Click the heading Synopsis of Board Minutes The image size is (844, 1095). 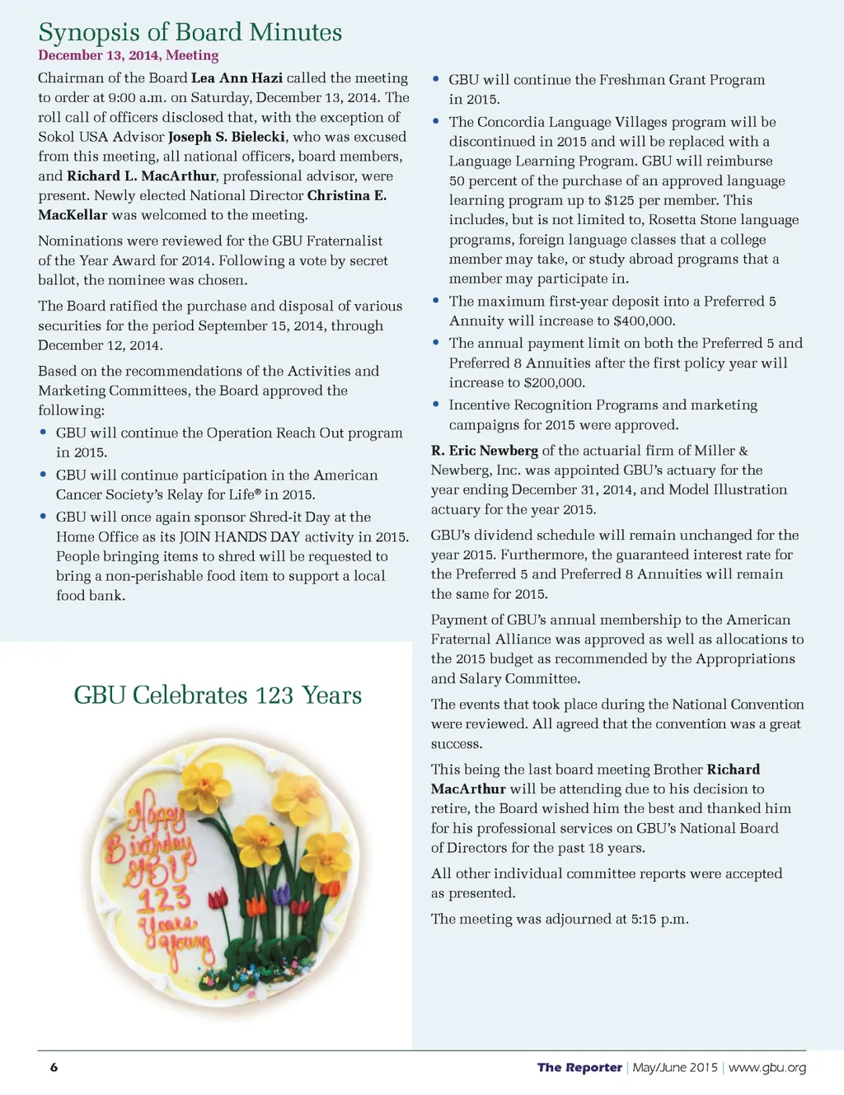(x=190, y=32)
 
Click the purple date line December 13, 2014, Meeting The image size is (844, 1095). (x=128, y=55)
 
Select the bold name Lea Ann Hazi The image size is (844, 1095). (x=237, y=77)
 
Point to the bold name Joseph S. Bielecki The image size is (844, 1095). (x=227, y=137)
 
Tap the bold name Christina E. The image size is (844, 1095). (x=346, y=195)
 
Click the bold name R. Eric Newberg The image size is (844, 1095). (x=484, y=451)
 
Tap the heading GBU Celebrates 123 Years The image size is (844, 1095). (x=218, y=695)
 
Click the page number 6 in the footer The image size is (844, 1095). (x=54, y=1067)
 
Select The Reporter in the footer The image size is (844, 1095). (x=579, y=1067)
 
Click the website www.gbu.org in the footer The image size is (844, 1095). (x=767, y=1067)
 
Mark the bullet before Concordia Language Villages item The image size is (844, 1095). (x=436, y=121)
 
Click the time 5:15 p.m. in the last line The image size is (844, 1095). (x=659, y=919)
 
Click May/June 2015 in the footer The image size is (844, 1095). (x=674, y=1067)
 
